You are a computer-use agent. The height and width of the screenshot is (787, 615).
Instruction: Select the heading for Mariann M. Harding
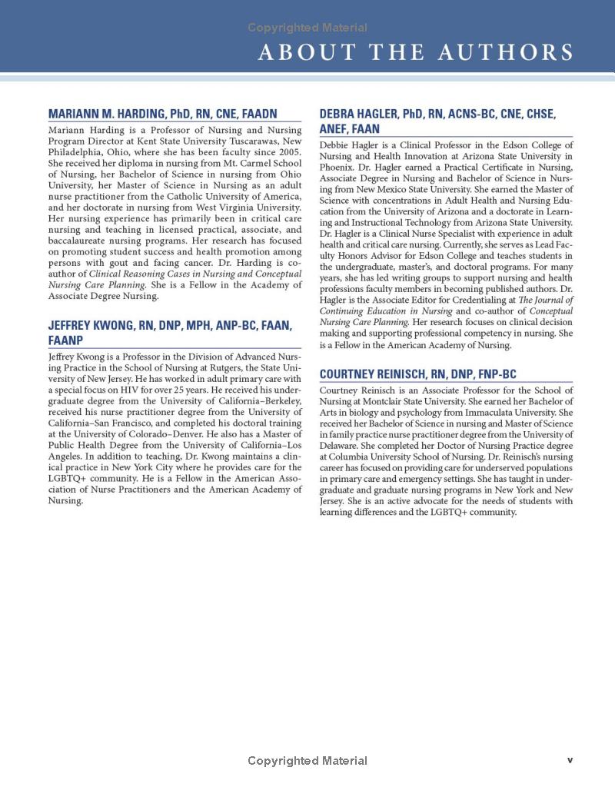click(162, 114)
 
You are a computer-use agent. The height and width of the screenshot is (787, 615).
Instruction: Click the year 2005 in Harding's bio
click(289, 152)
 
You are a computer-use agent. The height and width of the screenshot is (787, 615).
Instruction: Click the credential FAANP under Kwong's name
click(65, 340)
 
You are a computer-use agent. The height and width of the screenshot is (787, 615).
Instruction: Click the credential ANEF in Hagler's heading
click(335, 129)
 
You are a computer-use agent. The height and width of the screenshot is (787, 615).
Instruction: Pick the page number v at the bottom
click(570, 760)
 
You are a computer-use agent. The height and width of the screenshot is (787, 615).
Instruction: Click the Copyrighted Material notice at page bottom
click(307, 761)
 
